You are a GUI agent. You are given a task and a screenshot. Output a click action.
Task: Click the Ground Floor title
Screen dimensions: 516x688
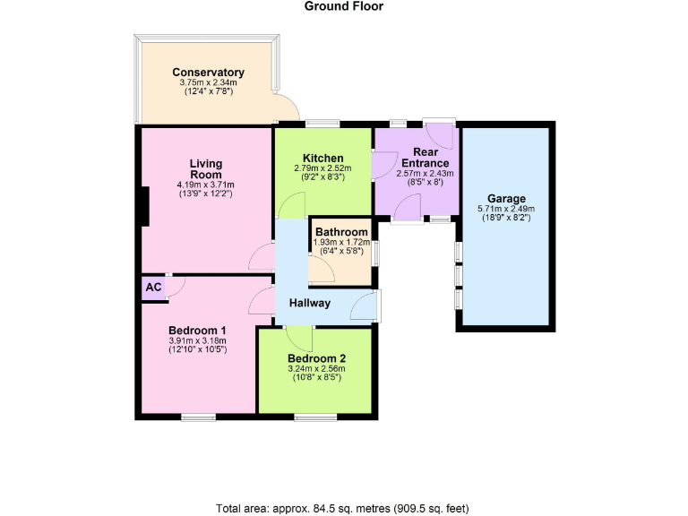[x=344, y=6]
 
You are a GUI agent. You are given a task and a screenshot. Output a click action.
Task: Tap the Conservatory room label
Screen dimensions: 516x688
[x=208, y=73]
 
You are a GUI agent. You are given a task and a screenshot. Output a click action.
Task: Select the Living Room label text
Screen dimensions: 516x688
[x=205, y=168]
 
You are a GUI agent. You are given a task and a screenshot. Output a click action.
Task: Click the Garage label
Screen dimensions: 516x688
[x=506, y=199]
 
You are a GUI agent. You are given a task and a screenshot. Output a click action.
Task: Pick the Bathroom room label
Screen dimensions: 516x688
[x=341, y=233]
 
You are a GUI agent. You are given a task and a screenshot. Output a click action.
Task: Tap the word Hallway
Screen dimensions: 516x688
[x=309, y=304]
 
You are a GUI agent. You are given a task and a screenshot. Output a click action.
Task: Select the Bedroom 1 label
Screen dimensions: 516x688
[x=197, y=330]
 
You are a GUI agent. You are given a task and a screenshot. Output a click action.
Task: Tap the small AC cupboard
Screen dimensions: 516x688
[x=153, y=288]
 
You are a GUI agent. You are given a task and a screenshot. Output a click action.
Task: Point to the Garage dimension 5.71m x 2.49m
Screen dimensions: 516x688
[x=506, y=211]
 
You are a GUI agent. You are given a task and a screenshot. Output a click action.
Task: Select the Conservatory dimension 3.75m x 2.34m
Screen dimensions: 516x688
[x=208, y=83]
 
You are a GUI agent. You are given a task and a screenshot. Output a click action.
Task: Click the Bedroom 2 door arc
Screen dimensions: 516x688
[x=300, y=340]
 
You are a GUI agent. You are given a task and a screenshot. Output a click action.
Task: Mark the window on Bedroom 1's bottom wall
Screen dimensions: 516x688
[x=197, y=417]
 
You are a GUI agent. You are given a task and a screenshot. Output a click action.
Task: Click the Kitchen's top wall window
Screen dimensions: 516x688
[x=322, y=124]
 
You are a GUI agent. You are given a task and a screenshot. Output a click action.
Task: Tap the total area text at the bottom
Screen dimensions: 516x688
[x=344, y=508]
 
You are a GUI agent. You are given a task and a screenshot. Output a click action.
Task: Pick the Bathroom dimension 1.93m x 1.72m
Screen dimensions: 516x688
[x=341, y=243]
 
